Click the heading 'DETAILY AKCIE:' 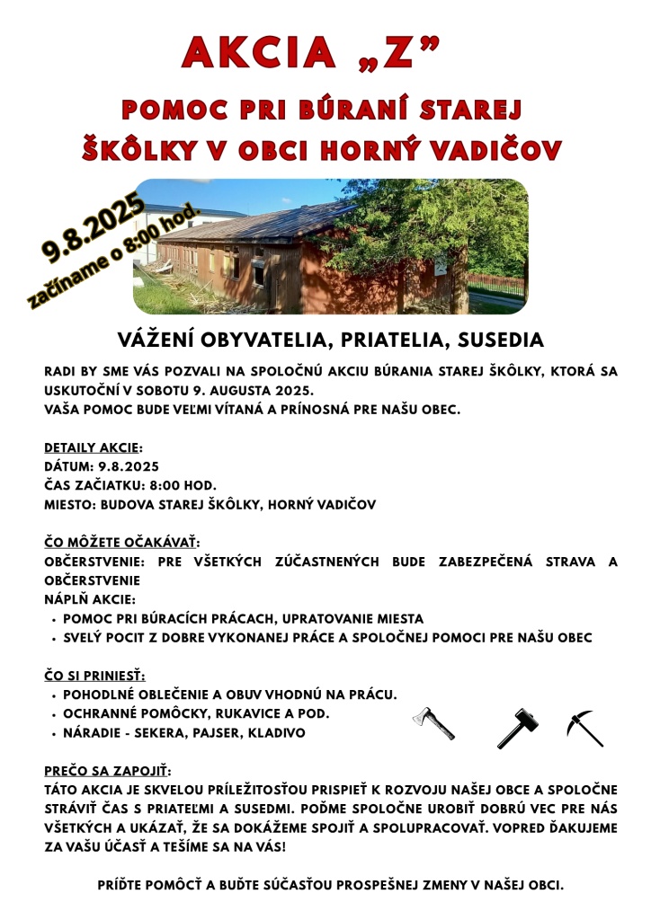coord(94,447)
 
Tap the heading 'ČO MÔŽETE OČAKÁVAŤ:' coord(121,543)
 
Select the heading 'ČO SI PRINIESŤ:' coord(94,676)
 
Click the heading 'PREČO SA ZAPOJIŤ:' coord(107,771)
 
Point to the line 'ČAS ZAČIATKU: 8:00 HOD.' coord(130,485)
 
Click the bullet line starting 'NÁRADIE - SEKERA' coord(184,733)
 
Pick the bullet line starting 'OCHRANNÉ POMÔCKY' coord(196,713)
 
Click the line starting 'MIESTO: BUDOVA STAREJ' coord(210,504)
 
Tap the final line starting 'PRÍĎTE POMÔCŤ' coord(330,885)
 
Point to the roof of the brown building coord(243,225)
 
